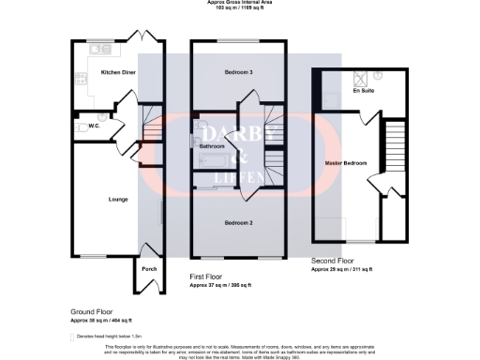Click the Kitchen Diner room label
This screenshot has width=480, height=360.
119,72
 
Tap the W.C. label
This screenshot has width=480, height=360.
95,127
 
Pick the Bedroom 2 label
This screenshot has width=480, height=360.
239,222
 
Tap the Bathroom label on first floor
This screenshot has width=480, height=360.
212,147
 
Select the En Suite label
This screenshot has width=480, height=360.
362,92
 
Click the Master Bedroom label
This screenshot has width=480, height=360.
344,163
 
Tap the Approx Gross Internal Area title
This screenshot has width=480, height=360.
240,3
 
